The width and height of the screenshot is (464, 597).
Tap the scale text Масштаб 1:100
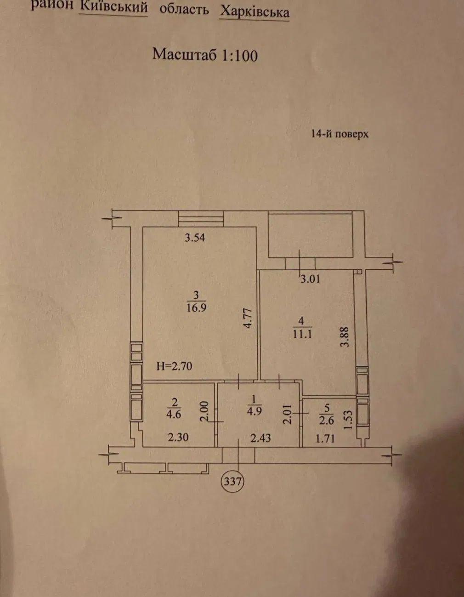[205, 55]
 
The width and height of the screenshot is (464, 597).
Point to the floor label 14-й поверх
[340, 134]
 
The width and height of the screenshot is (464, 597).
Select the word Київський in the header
[113, 7]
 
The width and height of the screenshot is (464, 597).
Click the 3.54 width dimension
[195, 237]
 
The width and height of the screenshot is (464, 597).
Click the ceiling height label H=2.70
[174, 366]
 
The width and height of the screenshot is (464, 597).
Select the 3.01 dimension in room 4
[310, 279]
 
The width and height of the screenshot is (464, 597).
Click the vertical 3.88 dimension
[345, 337]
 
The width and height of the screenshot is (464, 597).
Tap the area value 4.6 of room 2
[174, 414]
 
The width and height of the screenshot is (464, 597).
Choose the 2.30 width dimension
[178, 437]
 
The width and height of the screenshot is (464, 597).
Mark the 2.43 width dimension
[260, 438]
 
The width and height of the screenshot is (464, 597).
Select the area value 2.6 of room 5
[327, 421]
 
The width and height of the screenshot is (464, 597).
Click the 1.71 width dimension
[325, 439]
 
